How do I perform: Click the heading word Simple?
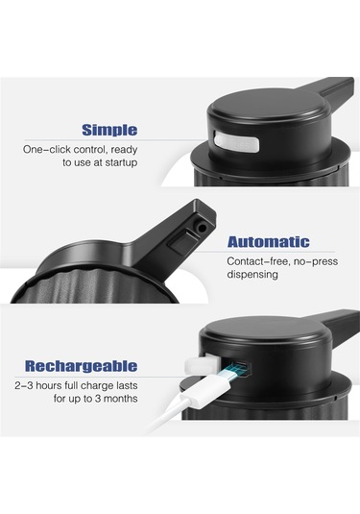pos(109,131)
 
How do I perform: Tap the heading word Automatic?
pos(268,242)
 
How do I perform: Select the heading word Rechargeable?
pos(82,366)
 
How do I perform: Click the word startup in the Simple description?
pos(121,163)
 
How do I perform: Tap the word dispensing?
pos(252,275)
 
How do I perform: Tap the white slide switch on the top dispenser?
pos(236,141)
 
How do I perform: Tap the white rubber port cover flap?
pos(203,364)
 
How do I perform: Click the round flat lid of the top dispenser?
pos(268,105)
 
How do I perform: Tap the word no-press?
pos(316,262)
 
